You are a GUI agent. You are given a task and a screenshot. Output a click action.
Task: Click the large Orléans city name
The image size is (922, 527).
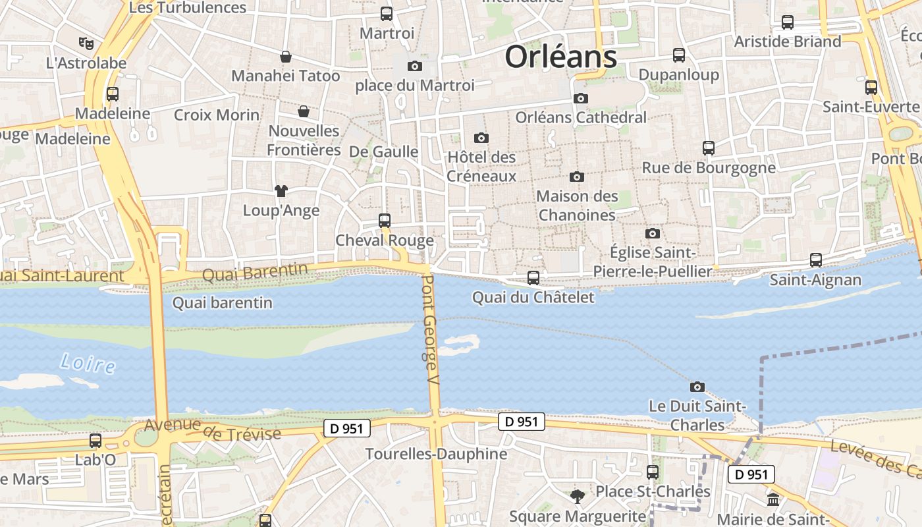(x=560, y=57)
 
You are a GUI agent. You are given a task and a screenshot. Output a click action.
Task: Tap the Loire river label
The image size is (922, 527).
(x=88, y=363)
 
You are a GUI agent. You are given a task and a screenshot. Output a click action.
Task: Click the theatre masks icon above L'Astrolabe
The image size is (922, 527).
(x=86, y=43)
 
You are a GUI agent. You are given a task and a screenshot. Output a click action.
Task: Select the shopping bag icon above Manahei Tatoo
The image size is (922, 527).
(x=286, y=57)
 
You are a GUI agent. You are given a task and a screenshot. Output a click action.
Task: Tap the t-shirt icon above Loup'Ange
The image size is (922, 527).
(x=281, y=191)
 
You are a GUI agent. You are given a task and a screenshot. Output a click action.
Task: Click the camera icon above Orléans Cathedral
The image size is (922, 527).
(x=580, y=99)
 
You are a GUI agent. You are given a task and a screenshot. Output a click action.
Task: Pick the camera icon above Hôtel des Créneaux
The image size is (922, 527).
(x=481, y=138)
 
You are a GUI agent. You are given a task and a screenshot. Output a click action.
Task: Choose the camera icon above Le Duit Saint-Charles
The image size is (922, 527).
(x=697, y=387)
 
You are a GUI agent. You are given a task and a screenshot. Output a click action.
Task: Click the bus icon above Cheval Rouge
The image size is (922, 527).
(x=385, y=221)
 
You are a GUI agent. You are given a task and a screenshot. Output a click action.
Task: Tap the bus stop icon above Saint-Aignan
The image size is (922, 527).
(x=816, y=260)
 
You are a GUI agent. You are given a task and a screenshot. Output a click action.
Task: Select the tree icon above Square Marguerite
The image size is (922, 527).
(x=578, y=496)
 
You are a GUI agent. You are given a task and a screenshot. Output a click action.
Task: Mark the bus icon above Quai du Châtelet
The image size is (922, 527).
(x=533, y=278)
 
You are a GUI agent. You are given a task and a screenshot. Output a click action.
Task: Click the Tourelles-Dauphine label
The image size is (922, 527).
(x=436, y=454)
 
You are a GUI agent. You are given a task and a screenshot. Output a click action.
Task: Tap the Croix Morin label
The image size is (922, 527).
(x=217, y=115)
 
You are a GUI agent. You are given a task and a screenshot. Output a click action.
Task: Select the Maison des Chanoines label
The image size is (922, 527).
(x=577, y=206)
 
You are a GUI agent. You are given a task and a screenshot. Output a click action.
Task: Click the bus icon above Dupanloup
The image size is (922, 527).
(x=679, y=55)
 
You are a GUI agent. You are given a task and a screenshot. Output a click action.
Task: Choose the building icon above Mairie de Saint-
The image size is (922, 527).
(x=773, y=500)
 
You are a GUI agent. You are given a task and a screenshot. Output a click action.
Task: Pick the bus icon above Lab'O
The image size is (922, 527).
(x=95, y=441)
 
